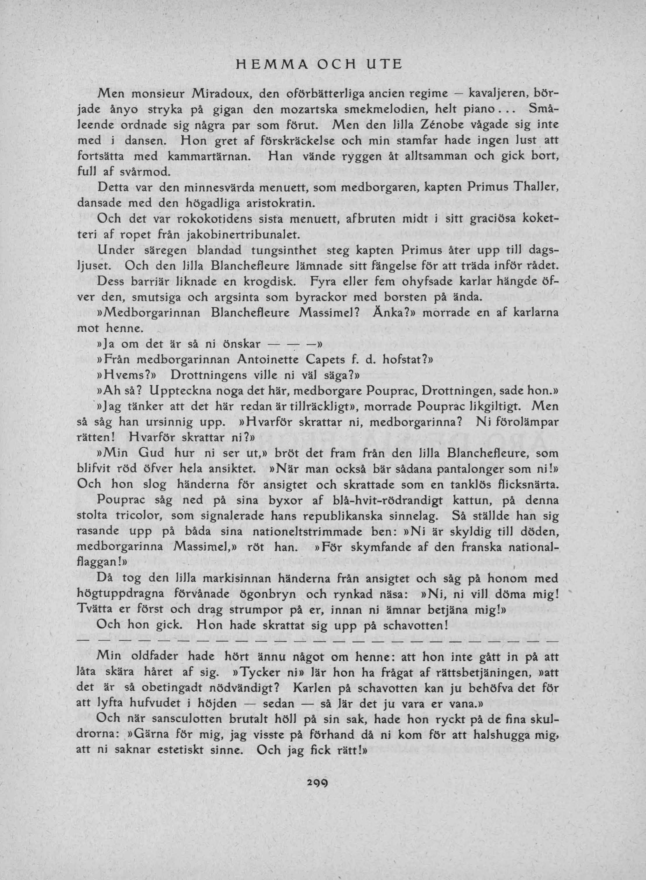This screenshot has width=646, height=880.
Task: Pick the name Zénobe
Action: [443, 126]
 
